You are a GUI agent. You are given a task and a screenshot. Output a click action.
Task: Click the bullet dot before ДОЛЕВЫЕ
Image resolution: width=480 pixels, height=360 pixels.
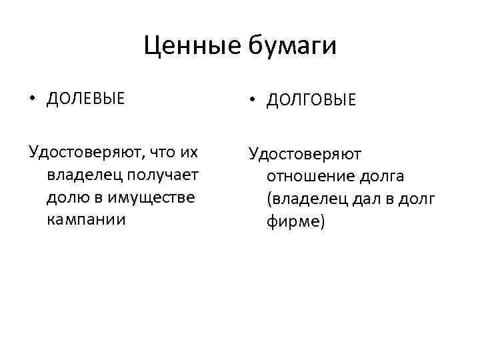(x=32, y=99)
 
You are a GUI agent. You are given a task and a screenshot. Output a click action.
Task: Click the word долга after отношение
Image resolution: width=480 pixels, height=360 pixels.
(x=377, y=176)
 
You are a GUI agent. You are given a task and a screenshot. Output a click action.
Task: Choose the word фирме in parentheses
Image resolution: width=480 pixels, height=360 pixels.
(x=294, y=221)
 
